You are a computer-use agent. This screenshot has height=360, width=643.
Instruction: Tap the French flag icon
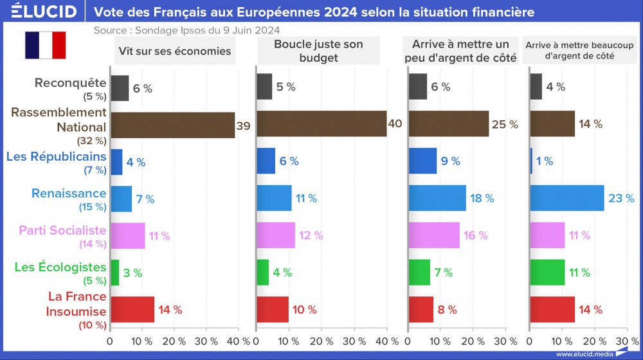click(x=46, y=46)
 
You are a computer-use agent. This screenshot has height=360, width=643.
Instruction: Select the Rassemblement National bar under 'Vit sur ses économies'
click(x=172, y=125)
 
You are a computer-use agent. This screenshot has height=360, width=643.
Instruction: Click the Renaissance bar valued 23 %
click(x=567, y=198)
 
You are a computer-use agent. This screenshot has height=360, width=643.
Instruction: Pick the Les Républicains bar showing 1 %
click(x=532, y=161)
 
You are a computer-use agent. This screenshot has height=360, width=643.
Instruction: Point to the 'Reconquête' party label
click(x=70, y=82)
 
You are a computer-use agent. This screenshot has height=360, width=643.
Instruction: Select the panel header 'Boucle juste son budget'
click(x=318, y=51)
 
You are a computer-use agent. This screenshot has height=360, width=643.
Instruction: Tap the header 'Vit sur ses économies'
click(x=174, y=51)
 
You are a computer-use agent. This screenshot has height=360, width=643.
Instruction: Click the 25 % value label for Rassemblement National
click(x=505, y=125)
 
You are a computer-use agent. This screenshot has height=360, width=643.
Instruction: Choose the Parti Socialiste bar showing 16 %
click(x=435, y=235)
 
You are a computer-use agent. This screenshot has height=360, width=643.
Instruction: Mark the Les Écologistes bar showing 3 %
click(x=115, y=273)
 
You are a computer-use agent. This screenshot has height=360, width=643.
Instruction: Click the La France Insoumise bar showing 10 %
click(x=273, y=309)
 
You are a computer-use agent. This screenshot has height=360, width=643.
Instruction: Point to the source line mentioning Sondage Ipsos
click(x=186, y=30)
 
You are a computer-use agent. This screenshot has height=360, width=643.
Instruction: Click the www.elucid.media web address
click(x=582, y=354)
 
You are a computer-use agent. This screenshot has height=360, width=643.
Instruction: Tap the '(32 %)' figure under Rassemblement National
click(x=91, y=140)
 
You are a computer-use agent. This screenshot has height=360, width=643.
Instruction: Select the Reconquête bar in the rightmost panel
click(x=536, y=87)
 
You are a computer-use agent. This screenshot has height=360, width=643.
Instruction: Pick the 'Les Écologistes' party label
click(x=60, y=267)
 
